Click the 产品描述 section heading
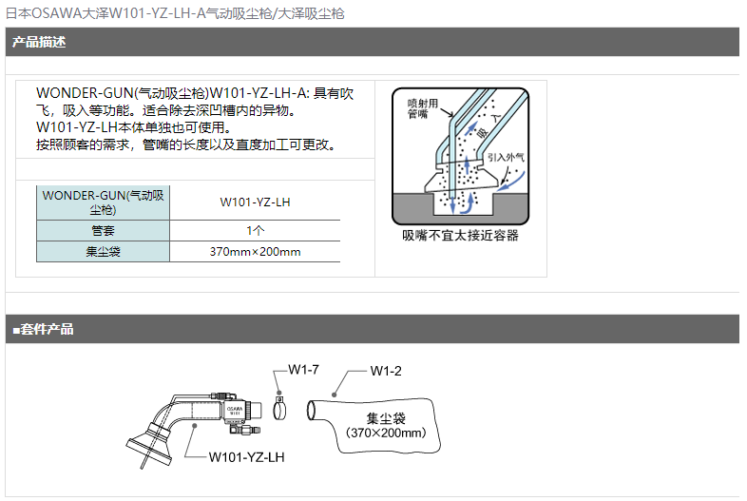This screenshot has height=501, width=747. click(39, 42)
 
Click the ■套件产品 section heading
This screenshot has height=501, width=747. click(43, 329)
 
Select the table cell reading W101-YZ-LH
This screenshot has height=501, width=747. click(255, 202)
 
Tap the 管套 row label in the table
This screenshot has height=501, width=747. click(103, 231)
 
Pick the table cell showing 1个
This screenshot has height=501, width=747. click(255, 231)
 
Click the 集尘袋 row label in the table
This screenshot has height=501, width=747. click(103, 252)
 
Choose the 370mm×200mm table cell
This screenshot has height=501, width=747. click(255, 252)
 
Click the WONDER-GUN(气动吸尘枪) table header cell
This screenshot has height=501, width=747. click(103, 202)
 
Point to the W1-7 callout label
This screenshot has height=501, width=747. click(303, 370)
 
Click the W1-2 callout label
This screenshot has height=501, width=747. click(386, 371)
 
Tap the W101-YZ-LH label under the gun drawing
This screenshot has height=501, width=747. click(247, 457)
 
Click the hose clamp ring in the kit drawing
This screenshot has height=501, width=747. click(279, 410)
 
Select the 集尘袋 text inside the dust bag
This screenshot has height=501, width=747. click(386, 418)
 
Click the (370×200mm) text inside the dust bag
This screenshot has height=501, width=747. click(386, 433)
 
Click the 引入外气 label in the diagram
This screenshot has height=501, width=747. click(506, 158)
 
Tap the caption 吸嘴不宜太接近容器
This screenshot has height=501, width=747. click(460, 236)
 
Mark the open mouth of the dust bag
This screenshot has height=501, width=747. click(312, 410)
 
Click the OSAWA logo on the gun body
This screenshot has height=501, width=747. click(235, 409)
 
